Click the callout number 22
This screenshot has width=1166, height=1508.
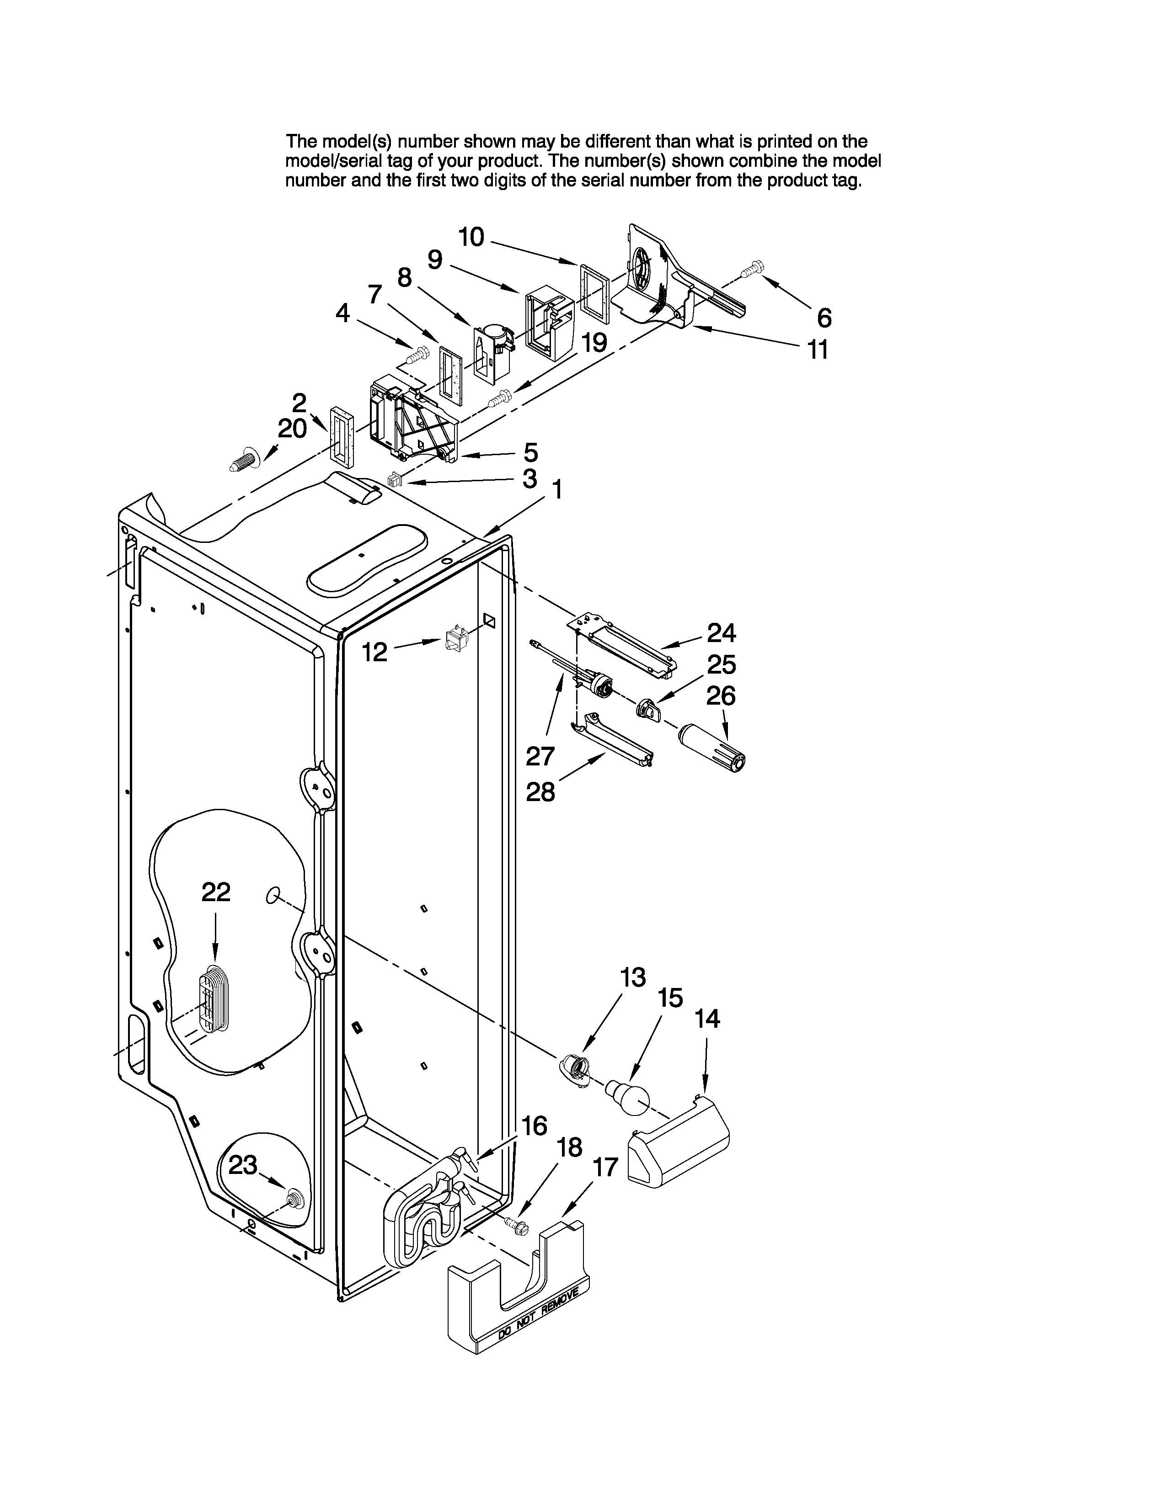pos(215,893)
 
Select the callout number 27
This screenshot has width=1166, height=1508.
pos(540,756)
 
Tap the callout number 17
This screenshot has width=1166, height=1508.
pos(605,1167)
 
